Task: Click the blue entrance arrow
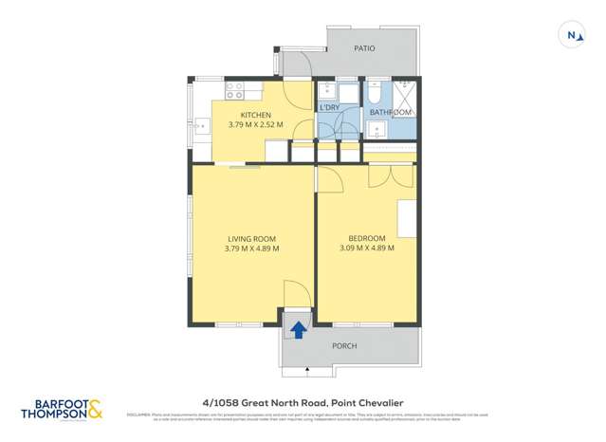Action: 298,329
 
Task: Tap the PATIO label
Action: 364,48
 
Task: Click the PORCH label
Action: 344,346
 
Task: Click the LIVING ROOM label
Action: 251,238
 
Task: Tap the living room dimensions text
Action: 251,249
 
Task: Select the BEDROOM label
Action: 366,238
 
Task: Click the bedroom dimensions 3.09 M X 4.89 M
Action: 366,249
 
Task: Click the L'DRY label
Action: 330,108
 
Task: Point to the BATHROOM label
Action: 391,112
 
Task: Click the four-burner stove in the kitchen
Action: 234,91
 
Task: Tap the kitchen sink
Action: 202,124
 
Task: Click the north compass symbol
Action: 572,35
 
